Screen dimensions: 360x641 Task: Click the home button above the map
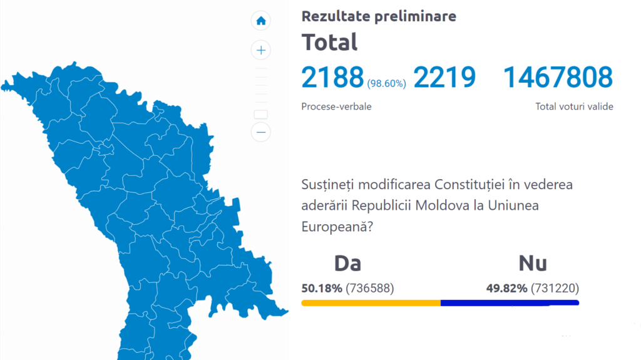tap(261, 21)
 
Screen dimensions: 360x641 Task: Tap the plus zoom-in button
tap(261, 50)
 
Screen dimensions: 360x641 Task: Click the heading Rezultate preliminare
tap(379, 16)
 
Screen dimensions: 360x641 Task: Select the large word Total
tap(330, 43)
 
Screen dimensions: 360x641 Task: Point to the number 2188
tap(332, 77)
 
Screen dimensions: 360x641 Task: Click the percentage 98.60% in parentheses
tap(386, 83)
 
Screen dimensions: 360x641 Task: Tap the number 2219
tap(444, 77)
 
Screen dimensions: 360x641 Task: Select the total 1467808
tap(558, 77)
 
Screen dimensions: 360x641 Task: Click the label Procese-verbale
tap(336, 106)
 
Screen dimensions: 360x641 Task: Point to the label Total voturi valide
tap(574, 106)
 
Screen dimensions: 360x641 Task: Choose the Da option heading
tap(347, 263)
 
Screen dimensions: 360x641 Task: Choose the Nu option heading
tap(533, 263)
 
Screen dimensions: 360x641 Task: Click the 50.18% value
tap(322, 289)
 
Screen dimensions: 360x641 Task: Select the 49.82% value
tap(506, 289)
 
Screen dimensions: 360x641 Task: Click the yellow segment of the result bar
tap(371, 302)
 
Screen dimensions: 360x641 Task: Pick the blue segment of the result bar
tap(510, 302)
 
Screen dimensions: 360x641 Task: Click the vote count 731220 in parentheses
tap(555, 289)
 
